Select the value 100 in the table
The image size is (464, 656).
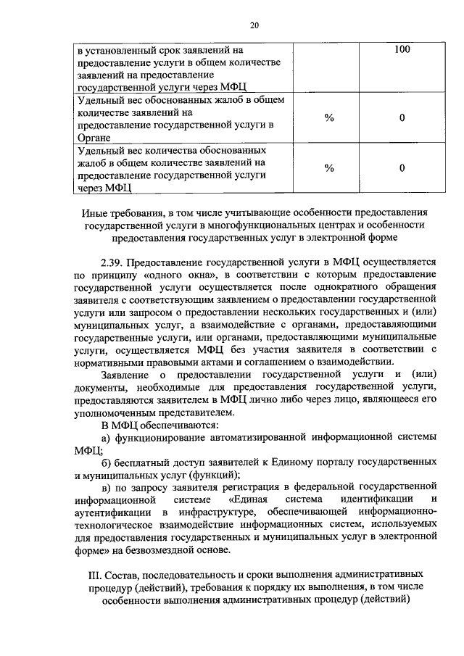click(402, 50)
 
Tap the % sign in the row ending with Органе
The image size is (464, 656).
click(329, 118)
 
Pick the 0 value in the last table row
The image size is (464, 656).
click(402, 167)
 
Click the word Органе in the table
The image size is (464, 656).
click(95, 137)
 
